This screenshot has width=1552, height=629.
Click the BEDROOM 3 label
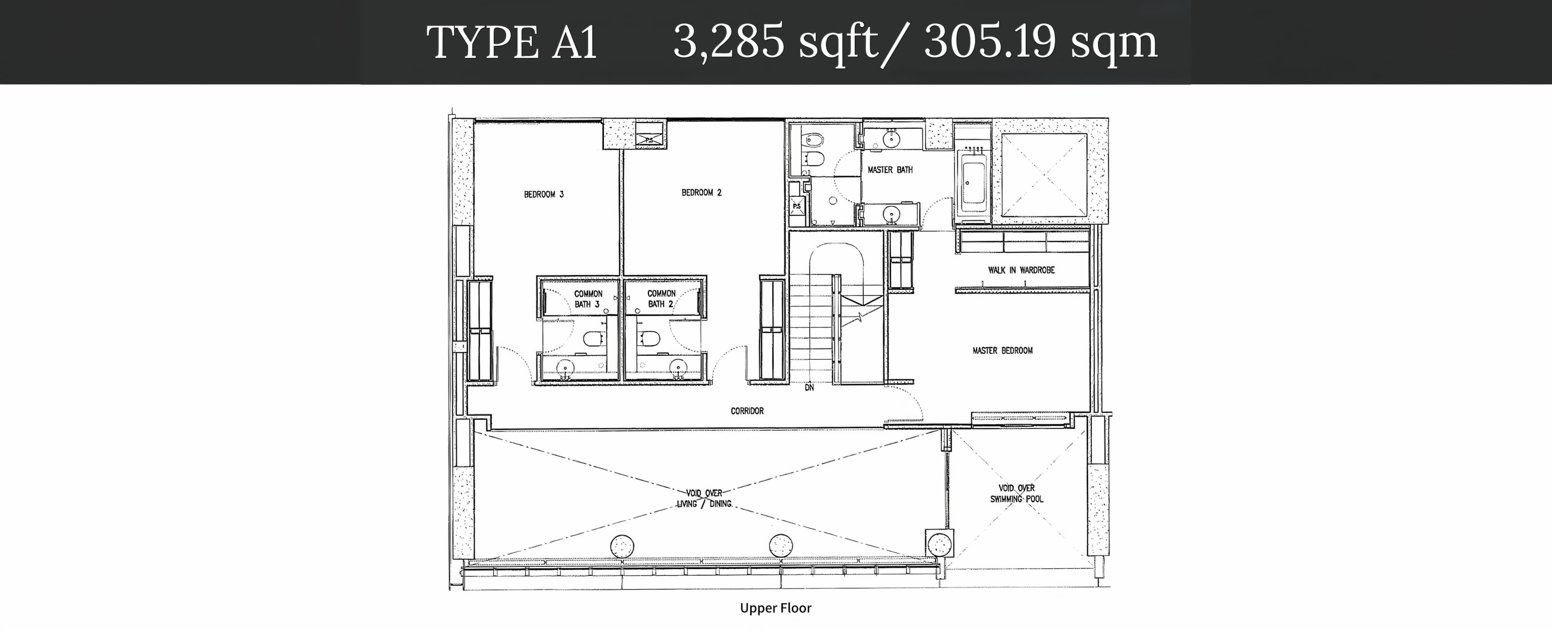pos(544,194)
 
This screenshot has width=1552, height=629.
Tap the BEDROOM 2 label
pos(701,192)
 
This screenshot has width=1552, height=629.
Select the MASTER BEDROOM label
pos(1002,350)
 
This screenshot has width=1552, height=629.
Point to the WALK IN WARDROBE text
pos(1021,270)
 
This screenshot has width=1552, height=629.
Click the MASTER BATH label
pos(890,170)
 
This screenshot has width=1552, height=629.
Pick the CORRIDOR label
pos(747,411)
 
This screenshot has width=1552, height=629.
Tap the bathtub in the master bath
pos(973,181)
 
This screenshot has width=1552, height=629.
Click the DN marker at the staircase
pos(809,387)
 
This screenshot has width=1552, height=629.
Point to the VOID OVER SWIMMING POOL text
pos(1016,494)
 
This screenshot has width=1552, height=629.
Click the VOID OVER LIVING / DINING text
pos(704,498)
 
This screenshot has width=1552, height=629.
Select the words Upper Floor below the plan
pos(776,608)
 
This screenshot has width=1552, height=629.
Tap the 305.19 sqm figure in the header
pos(1040,42)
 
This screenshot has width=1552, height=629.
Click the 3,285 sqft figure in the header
pos(776,42)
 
